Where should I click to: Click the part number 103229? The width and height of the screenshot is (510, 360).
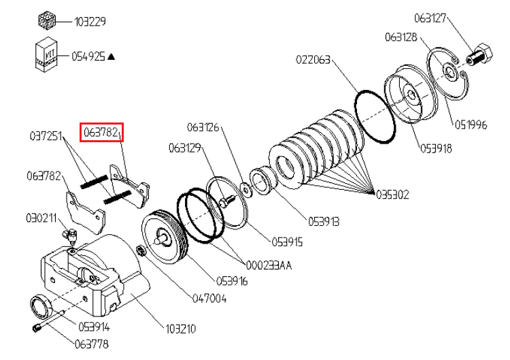pyautogui.click(x=90, y=22)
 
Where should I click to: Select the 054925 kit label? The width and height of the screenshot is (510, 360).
pyautogui.click(x=88, y=56)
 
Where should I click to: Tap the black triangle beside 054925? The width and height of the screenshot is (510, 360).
pyautogui.click(x=111, y=57)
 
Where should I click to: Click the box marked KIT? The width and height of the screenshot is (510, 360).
pyautogui.click(x=46, y=54)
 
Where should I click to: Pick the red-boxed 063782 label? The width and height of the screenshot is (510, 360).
pyautogui.click(x=101, y=132)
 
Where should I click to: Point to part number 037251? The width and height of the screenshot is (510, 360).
pyautogui.click(x=46, y=135)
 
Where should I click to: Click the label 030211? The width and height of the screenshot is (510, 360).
pyautogui.click(x=41, y=218)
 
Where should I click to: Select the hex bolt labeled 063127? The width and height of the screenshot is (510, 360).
pyautogui.click(x=479, y=55)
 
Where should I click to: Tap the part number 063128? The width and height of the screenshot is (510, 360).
pyautogui.click(x=401, y=37)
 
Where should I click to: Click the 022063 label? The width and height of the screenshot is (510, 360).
pyautogui.click(x=313, y=60)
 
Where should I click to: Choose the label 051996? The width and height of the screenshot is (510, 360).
pyautogui.click(x=471, y=125)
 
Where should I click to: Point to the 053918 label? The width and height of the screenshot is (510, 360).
pyautogui.click(x=436, y=148)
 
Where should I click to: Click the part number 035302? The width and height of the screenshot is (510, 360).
pyautogui.click(x=392, y=195)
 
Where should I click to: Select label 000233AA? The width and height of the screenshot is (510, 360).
pyautogui.click(x=269, y=265)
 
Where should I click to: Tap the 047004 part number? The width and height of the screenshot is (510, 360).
pyautogui.click(x=209, y=298)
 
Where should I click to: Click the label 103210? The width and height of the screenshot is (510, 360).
pyautogui.click(x=180, y=329)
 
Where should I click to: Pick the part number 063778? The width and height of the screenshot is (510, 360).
pyautogui.click(x=91, y=344)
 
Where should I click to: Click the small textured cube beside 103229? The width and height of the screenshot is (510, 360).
pyautogui.click(x=47, y=20)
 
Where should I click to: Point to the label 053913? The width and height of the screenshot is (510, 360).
pyautogui.click(x=324, y=222)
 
